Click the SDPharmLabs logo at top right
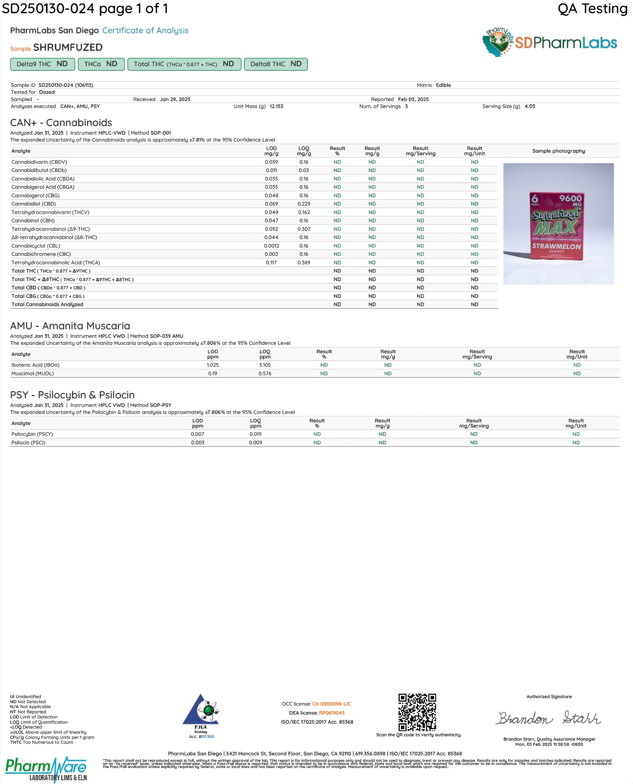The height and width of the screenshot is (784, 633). (x=550, y=43)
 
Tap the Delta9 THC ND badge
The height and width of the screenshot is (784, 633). (x=42, y=64)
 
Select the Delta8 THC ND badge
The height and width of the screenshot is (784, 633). (x=276, y=64)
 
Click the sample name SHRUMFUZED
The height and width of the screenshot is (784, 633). (x=68, y=48)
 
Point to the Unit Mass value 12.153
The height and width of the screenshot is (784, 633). (x=276, y=106)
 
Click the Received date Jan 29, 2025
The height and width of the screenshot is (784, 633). (x=175, y=99)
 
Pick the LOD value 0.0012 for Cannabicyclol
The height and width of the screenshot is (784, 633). (x=271, y=246)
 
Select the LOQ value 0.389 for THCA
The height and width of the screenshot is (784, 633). (x=304, y=263)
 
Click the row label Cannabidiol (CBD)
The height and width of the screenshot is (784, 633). (x=34, y=204)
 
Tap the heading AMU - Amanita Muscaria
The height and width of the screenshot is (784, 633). (x=70, y=326)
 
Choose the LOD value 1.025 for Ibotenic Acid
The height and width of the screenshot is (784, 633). (x=212, y=365)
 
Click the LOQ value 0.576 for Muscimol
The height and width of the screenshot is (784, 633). (x=265, y=373)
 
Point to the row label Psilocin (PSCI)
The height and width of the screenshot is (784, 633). (x=28, y=442)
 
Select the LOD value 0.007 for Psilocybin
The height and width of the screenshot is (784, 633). (x=198, y=434)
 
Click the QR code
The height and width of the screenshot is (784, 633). (x=417, y=712)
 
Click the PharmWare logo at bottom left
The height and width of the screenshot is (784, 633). (x=46, y=769)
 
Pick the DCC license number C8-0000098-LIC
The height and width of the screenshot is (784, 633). (x=331, y=704)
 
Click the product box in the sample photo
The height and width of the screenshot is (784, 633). (x=557, y=225)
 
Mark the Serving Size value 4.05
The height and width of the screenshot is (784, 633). (x=530, y=106)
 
